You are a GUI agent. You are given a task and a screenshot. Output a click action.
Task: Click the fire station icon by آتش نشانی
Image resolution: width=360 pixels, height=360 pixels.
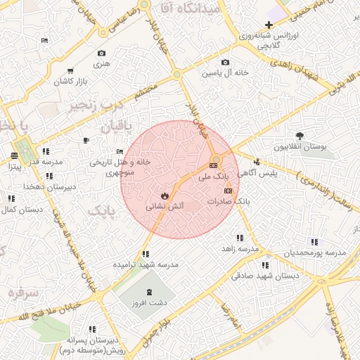(x=165, y=195)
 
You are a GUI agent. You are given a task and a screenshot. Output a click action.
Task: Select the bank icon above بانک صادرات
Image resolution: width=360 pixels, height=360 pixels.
(x=227, y=191)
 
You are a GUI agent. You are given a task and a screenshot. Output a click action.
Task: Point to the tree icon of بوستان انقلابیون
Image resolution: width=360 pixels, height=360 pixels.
(x=300, y=135)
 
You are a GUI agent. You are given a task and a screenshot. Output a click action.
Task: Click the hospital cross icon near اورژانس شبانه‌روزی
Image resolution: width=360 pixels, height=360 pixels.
(x=268, y=25)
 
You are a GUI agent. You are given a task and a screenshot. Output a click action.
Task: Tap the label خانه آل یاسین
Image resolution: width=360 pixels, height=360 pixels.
(x=226, y=72)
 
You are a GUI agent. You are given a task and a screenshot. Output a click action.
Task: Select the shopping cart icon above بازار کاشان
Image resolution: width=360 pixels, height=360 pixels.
(x=70, y=70)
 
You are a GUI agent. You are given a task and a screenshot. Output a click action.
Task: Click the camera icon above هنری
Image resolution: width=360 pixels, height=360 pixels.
(x=102, y=53)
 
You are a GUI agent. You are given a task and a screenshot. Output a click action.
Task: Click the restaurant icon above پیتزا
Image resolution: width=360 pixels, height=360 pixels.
(x=15, y=155)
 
